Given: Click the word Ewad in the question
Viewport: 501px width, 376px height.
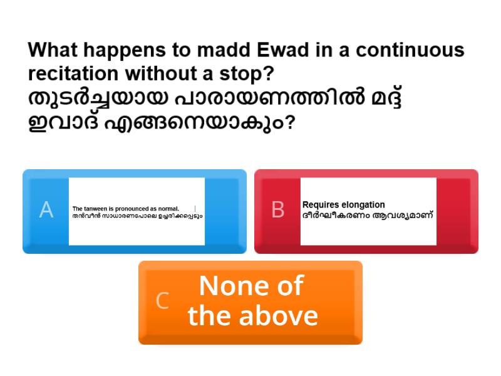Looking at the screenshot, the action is (283, 50).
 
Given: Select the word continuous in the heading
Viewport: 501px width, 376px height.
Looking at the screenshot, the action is (410, 50).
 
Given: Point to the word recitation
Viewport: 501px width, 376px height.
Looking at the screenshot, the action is (73, 73).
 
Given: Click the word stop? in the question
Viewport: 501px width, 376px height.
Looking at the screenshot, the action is (246, 74).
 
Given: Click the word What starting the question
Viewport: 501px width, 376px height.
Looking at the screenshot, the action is (53, 50).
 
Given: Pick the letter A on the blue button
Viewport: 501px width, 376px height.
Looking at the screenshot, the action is (46, 210).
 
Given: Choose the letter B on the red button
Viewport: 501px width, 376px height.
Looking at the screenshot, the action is (277, 210).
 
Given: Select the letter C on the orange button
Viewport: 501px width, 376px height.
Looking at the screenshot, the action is (162, 301).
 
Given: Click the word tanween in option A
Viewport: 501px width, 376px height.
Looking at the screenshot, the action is (95, 209).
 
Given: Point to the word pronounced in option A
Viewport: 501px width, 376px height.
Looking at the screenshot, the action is (132, 209).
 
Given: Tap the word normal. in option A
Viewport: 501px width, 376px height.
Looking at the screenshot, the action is (168, 209).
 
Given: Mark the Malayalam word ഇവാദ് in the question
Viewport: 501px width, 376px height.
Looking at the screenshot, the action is (63, 122).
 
